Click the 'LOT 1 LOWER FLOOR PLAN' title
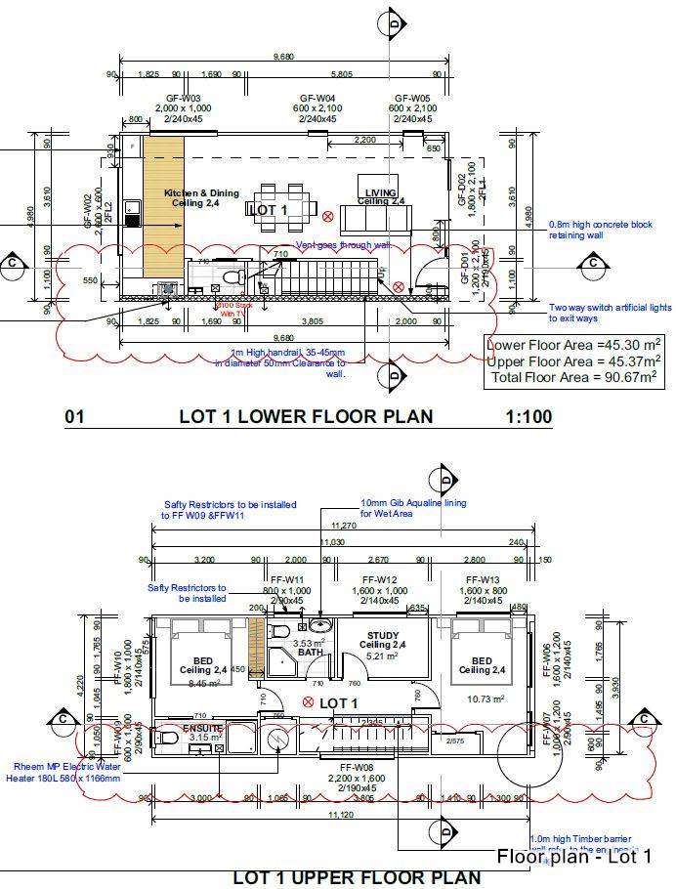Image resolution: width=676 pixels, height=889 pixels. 305,417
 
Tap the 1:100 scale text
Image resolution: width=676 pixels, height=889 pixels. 528,417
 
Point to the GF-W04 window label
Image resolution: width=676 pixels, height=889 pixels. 317,99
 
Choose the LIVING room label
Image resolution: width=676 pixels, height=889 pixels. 381,192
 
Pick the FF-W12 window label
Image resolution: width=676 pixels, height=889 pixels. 379,580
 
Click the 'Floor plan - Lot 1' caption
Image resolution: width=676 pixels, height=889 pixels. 574,857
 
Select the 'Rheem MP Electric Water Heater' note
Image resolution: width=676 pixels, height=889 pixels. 68,772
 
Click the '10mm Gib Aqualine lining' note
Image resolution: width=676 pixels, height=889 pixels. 413,508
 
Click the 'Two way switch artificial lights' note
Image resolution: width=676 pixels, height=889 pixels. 611,312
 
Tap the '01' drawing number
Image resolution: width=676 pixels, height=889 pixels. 74,417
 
